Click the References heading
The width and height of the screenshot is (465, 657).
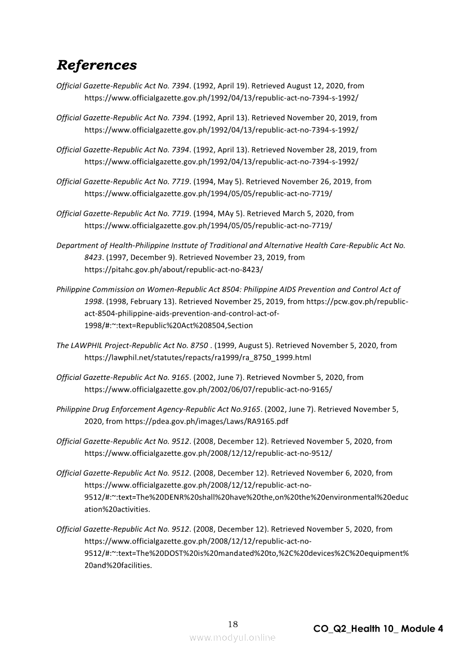[96, 65]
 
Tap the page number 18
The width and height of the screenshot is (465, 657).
[232, 624]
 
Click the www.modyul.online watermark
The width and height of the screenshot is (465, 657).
[232, 637]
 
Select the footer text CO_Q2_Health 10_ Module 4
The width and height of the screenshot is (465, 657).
[378, 628]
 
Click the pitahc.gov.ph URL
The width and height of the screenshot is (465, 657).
[173, 269]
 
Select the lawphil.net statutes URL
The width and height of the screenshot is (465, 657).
[198, 357]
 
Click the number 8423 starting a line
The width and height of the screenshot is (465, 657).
[93, 257]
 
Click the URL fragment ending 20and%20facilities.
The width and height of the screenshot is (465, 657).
[118, 565]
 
